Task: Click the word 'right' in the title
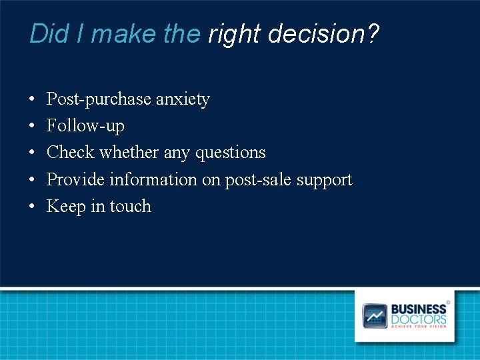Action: tap(232, 34)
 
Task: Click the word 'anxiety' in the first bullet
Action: tap(183, 99)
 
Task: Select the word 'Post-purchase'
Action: tap(99, 99)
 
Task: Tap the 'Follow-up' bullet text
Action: tap(85, 126)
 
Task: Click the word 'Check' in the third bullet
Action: tap(70, 153)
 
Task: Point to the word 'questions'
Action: tap(230, 153)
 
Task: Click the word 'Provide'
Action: tap(75, 179)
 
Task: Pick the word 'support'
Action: tap(324, 180)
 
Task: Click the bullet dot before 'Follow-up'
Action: tap(33, 127)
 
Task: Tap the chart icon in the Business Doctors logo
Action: tap(375, 315)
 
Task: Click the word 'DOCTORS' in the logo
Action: tap(419, 319)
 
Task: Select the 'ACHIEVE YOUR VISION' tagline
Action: tap(419, 327)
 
